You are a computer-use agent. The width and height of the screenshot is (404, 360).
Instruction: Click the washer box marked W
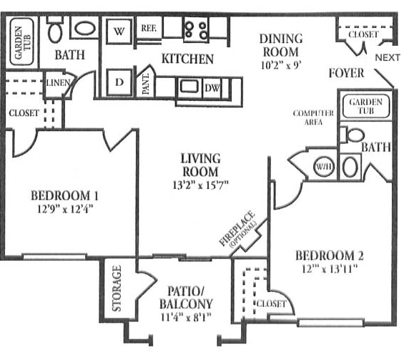point(119,31)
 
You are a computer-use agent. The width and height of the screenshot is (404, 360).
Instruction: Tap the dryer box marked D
point(119,82)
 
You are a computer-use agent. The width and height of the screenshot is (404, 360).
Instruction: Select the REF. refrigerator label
point(149,28)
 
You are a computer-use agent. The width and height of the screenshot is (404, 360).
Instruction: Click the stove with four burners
point(197,29)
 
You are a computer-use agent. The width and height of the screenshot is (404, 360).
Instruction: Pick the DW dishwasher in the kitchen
point(212,89)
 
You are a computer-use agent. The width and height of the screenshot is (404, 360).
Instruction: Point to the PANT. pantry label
point(146,83)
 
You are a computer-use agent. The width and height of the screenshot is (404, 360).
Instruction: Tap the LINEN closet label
point(58,83)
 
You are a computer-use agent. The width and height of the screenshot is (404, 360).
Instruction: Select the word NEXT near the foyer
point(388,57)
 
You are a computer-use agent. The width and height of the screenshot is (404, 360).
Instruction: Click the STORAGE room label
point(117,288)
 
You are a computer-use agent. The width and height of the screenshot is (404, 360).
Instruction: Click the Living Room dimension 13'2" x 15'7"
point(200,185)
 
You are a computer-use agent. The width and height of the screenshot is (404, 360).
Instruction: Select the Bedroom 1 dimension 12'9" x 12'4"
point(64,208)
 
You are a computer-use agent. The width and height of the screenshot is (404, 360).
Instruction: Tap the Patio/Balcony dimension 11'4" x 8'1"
point(186,316)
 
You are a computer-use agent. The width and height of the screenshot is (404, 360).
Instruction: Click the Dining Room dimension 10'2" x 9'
point(280,65)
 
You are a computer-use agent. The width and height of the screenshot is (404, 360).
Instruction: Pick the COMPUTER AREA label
point(313,117)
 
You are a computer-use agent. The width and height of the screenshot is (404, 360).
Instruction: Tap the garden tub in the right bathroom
point(366,106)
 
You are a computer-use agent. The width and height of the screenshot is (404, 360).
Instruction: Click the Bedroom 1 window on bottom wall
point(54,257)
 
